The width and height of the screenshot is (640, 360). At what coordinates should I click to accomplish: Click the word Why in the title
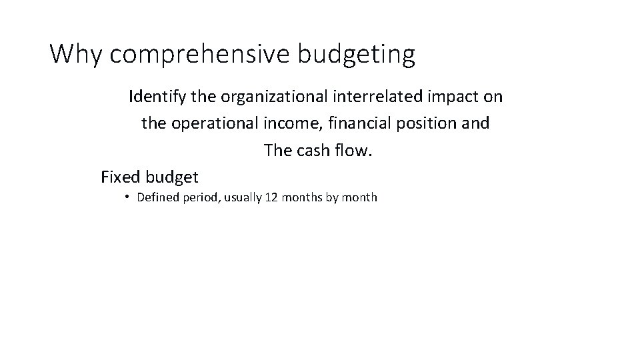77,54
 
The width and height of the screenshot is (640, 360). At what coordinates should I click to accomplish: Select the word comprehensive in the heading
199,55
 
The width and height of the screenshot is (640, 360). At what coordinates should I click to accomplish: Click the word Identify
157,97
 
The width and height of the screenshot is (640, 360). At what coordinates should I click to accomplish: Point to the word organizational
270,97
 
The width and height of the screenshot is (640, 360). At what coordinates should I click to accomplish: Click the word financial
358,123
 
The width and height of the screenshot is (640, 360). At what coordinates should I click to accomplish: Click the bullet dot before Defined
127,197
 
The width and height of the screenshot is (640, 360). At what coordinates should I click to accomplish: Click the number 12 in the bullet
271,197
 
